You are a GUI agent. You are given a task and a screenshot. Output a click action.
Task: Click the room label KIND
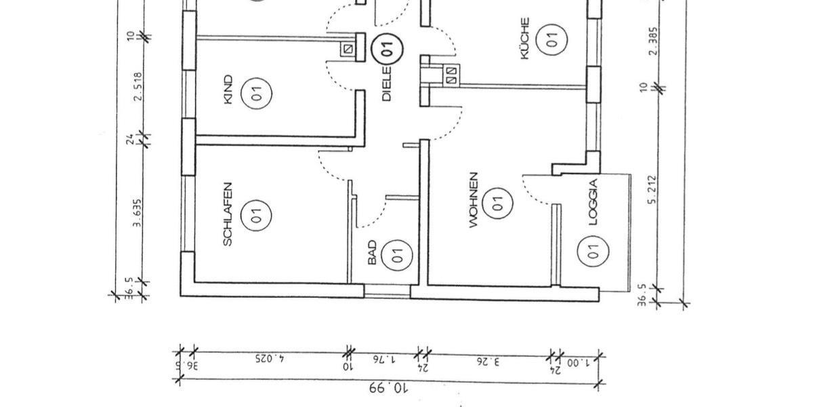point(228,90)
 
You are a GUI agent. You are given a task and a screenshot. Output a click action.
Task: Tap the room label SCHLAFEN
point(228,213)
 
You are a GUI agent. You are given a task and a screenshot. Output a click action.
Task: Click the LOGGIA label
point(594,201)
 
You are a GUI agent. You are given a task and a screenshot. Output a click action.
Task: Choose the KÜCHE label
point(526,39)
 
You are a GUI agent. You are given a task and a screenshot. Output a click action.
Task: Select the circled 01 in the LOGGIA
point(592,253)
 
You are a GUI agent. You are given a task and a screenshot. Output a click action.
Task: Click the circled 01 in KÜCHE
point(552,39)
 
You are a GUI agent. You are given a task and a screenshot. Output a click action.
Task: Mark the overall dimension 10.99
point(388,388)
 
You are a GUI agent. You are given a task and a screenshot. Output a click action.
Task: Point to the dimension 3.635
point(138,214)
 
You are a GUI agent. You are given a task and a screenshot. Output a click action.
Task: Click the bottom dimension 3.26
point(488,361)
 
